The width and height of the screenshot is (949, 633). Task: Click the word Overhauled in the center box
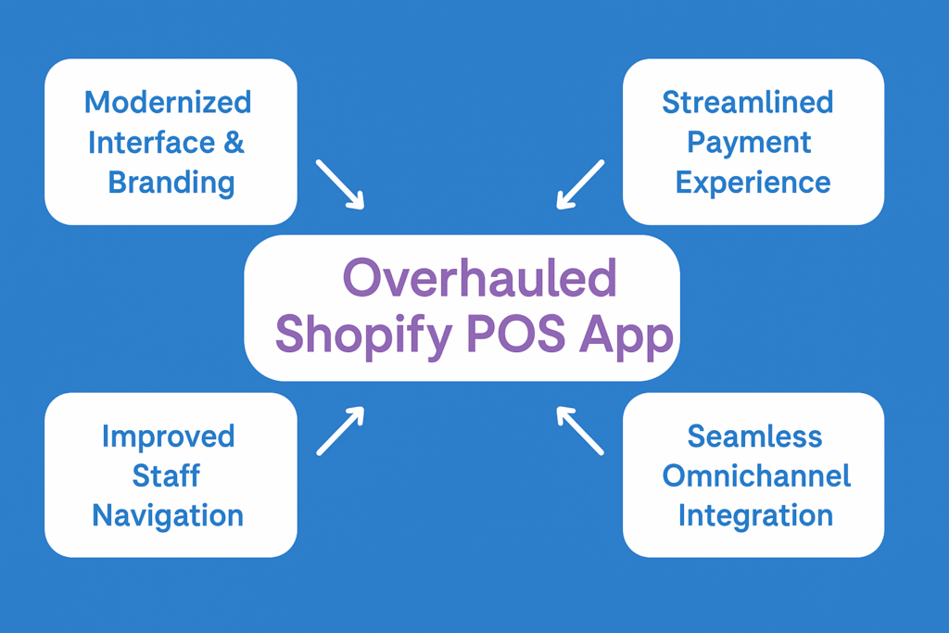click(x=479, y=277)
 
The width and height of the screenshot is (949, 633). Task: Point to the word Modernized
click(x=168, y=101)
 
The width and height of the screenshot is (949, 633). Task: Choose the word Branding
click(x=171, y=182)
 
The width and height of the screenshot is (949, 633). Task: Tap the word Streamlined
click(x=747, y=102)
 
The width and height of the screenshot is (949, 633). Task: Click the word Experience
click(x=753, y=183)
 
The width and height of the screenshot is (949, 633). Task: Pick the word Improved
click(x=168, y=436)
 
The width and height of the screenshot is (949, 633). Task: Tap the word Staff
click(x=166, y=475)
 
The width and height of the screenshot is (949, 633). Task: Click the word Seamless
click(x=754, y=436)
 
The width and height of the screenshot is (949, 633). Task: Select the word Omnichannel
click(x=756, y=475)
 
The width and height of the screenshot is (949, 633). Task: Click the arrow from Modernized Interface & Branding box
click(x=340, y=184)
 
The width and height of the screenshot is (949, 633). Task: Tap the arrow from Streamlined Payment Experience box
click(x=580, y=184)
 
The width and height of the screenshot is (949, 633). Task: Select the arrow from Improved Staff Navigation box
click(x=340, y=431)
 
